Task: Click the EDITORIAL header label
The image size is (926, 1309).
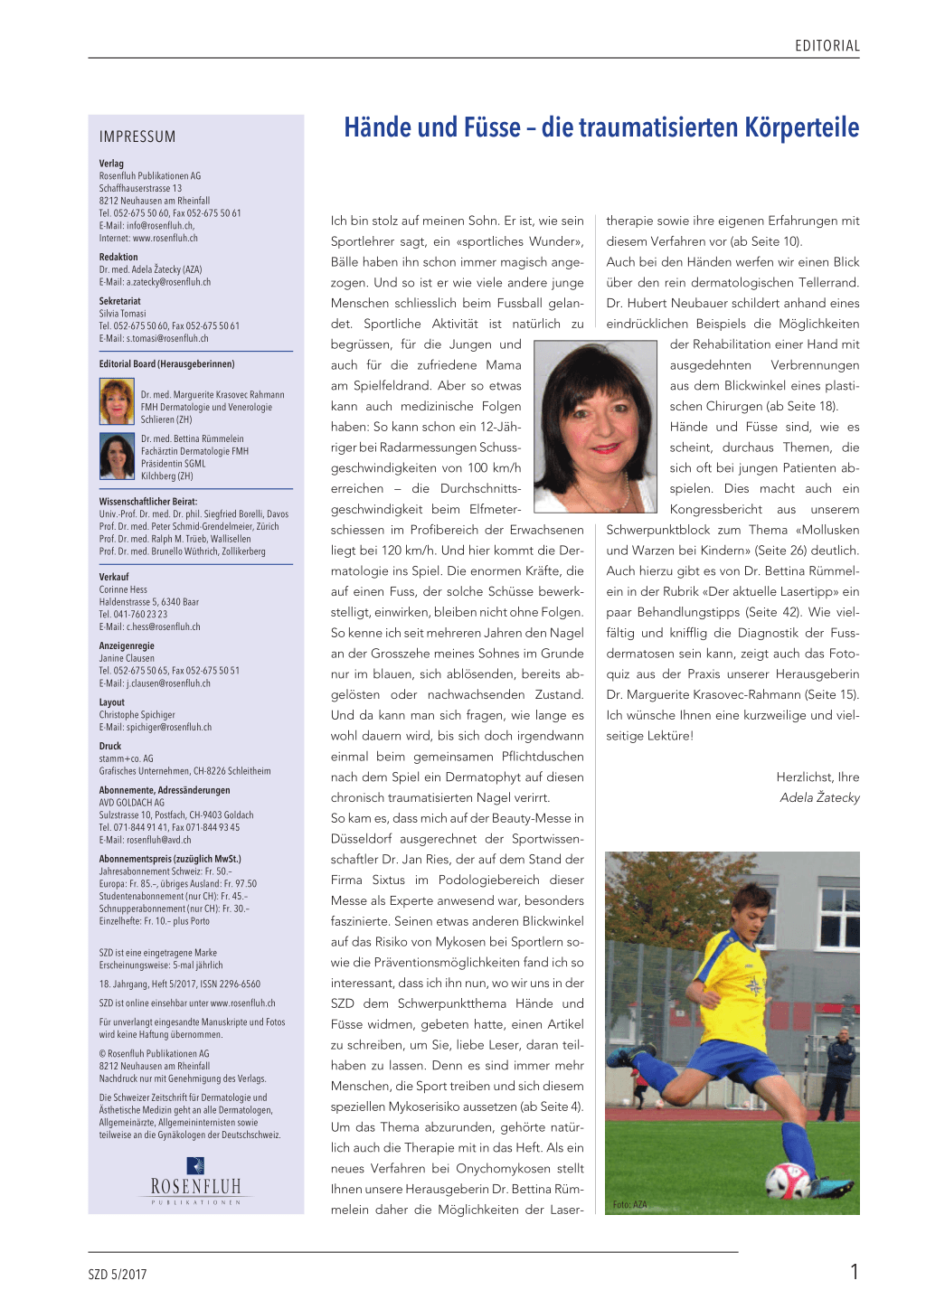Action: (827, 45)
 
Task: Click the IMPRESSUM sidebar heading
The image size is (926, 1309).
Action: (137, 137)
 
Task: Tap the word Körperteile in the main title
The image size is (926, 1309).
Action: (801, 127)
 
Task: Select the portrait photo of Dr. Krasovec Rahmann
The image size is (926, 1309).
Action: (117, 402)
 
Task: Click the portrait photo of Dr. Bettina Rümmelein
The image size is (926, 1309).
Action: (117, 457)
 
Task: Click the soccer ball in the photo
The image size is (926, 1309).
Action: (788, 1178)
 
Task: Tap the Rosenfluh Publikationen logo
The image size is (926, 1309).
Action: (195, 1180)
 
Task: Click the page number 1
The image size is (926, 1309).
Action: (854, 1272)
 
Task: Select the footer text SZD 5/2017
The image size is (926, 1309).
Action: (118, 1275)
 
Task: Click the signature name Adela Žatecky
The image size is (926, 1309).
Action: (819, 797)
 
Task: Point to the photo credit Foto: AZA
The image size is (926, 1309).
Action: (629, 1204)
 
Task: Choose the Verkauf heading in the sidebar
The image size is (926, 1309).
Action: (114, 577)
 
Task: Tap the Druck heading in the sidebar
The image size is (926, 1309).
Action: (110, 746)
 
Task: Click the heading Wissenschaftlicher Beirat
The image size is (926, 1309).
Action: (148, 501)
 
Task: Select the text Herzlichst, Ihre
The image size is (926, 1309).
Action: (817, 777)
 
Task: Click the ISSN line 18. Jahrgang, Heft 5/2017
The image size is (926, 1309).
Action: (179, 984)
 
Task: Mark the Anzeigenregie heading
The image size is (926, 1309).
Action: (127, 645)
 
